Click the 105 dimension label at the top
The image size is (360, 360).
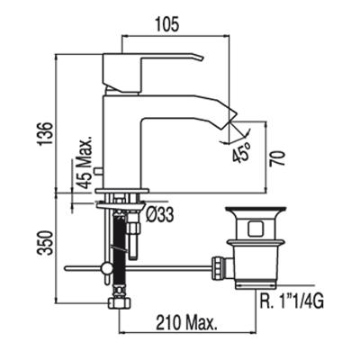point(167,24)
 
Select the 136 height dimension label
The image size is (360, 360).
point(46,133)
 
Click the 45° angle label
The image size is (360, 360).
point(241,152)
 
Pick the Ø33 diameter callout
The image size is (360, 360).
point(160,215)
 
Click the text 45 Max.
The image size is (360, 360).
point(83,163)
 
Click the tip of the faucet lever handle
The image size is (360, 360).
point(202,58)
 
